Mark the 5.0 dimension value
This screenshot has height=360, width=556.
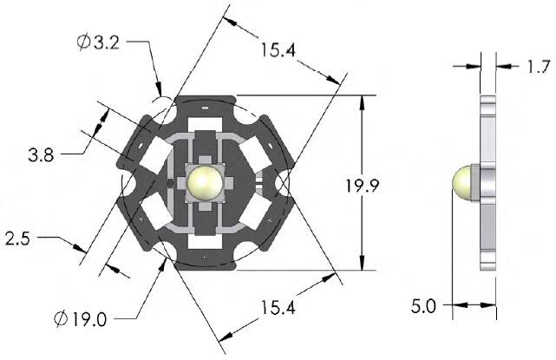426,305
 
